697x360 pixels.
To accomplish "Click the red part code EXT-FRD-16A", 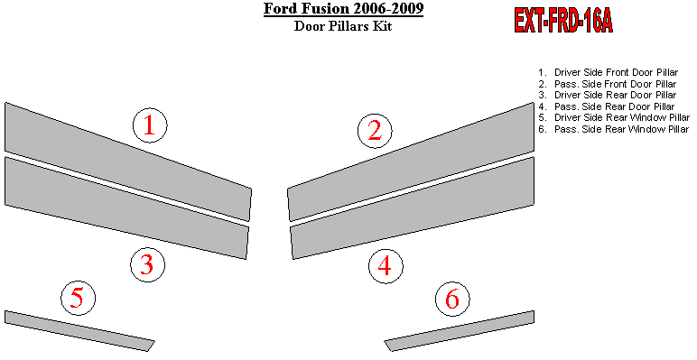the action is [x=563, y=21].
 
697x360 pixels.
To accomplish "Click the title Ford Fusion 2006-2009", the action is [x=343, y=8].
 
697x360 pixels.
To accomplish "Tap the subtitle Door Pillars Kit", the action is [x=343, y=26].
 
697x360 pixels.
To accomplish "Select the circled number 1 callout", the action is [x=150, y=125].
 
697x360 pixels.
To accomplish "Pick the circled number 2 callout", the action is [x=376, y=131].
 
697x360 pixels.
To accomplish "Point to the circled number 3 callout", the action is [x=147, y=265].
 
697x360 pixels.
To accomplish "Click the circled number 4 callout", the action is [x=386, y=266].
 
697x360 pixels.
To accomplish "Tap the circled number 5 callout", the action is [x=78, y=299].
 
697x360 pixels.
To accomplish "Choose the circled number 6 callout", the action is [x=452, y=299].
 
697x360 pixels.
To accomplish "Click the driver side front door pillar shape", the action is [x=129, y=161].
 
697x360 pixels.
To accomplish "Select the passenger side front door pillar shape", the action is [x=411, y=161].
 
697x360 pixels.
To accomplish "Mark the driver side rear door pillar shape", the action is [x=126, y=208].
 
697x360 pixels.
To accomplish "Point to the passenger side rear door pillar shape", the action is [x=413, y=208].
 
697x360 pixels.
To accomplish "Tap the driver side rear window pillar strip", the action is [x=80, y=330].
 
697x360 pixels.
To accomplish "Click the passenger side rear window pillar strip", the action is [x=460, y=330].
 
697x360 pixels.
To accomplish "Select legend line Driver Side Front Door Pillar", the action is [x=609, y=72].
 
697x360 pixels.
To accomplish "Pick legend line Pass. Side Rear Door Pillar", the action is [x=607, y=106].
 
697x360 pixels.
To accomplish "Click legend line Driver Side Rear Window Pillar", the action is [x=613, y=118].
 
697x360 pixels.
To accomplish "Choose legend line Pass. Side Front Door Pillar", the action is [x=608, y=84].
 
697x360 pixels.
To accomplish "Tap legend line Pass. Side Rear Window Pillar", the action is [x=613, y=129].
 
